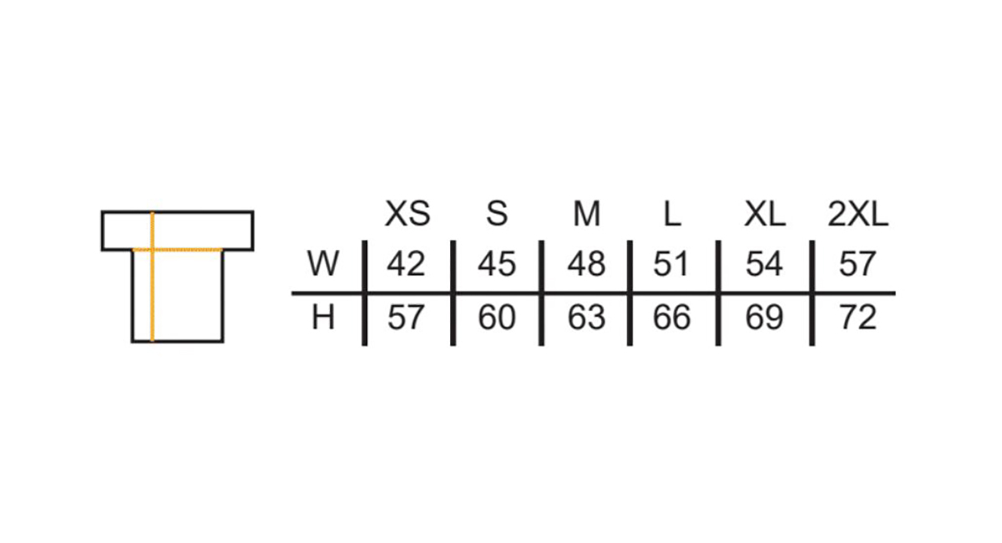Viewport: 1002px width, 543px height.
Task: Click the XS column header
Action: tap(407, 214)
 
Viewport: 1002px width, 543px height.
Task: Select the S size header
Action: tap(497, 214)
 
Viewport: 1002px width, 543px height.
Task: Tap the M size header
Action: tap(586, 214)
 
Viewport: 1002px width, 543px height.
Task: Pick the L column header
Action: tap(672, 214)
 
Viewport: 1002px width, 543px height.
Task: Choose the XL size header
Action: tap(765, 214)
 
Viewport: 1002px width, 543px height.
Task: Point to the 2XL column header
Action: tap(858, 214)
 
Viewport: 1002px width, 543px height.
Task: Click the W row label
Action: tap(323, 263)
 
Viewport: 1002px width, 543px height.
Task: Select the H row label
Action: tap(323, 317)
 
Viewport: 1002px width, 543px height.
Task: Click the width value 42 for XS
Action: tap(406, 264)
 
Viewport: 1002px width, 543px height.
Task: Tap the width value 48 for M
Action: tap(586, 264)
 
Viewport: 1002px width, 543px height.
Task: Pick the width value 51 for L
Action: tap(671, 264)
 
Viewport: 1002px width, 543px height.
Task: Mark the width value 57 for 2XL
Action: tap(857, 264)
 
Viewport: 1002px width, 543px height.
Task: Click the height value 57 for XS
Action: tap(406, 317)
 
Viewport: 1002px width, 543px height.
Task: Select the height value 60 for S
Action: tap(497, 317)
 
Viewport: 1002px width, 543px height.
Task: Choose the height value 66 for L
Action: tap(672, 317)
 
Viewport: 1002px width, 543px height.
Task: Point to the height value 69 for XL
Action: tap(765, 317)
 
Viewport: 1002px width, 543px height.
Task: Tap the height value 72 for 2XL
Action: tap(858, 317)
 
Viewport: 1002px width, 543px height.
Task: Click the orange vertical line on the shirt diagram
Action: tap(153, 277)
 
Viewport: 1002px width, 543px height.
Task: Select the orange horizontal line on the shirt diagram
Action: tap(178, 250)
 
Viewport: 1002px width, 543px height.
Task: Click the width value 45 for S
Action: tap(497, 264)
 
